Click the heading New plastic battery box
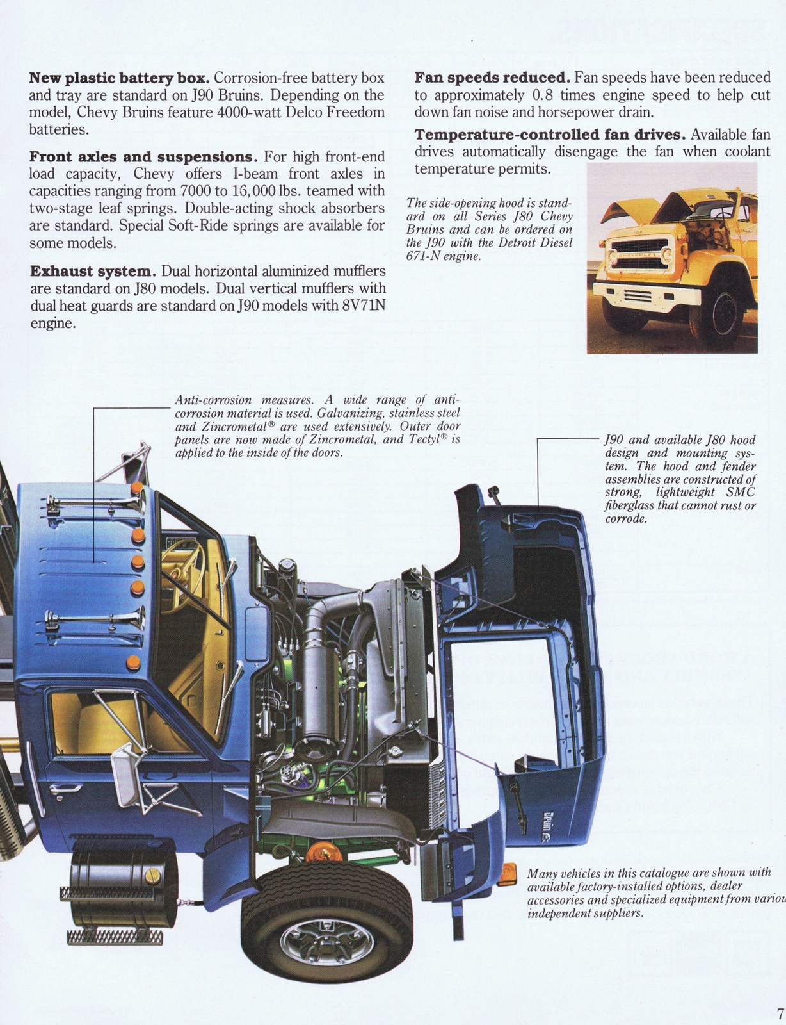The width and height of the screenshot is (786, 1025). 119,78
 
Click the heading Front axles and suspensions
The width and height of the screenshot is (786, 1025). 143,157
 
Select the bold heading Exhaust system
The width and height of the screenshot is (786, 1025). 93,272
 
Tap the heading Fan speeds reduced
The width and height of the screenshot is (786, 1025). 492,78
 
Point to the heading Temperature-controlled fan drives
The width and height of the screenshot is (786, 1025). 550,135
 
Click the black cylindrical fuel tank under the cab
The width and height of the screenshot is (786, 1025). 122,890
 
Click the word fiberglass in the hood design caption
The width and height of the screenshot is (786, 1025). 632,505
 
